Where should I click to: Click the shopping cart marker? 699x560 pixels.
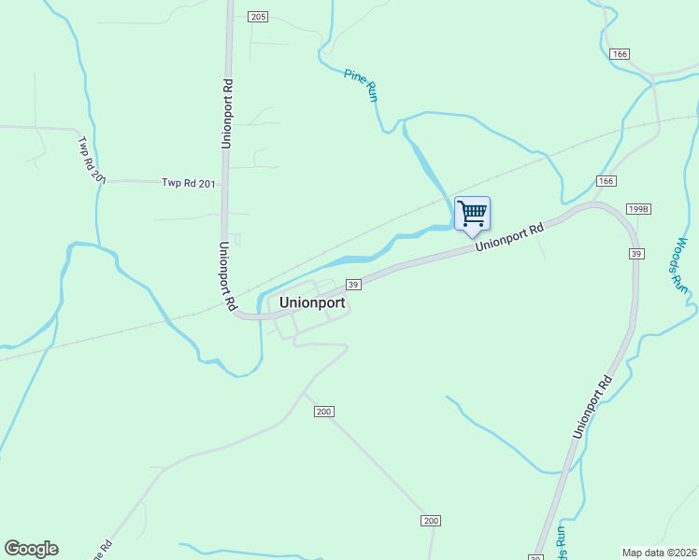(472, 214)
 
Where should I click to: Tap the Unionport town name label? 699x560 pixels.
(312, 303)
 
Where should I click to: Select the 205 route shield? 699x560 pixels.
(259, 17)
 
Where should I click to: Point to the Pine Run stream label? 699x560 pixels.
(361, 85)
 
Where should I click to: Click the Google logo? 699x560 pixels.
(31, 549)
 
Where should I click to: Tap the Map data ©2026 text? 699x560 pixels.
(659, 552)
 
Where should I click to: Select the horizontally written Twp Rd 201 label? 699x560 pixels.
(188, 184)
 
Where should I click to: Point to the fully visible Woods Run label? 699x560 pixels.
(679, 267)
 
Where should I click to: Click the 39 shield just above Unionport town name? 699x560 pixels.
(353, 285)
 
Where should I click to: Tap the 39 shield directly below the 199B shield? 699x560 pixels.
(636, 254)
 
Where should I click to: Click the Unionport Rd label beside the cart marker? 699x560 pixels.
(509, 237)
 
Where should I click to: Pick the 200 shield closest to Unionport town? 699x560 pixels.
(323, 412)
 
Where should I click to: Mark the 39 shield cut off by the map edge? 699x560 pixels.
(535, 557)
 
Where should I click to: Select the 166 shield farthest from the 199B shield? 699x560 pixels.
(620, 54)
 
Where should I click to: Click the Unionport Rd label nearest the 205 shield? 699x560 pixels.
(227, 113)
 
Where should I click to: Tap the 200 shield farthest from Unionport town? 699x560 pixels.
(430, 520)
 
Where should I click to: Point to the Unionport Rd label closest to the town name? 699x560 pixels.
(226, 276)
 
